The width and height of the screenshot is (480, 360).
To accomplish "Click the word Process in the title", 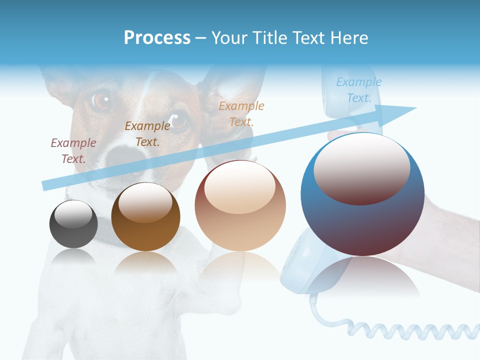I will [157, 38].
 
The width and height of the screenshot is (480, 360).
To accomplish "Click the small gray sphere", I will [73, 224].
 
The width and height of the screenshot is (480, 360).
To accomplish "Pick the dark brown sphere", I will [145, 217].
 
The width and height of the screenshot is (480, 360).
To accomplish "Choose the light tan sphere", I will [240, 206].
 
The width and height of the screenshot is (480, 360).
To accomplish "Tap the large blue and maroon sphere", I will [362, 194].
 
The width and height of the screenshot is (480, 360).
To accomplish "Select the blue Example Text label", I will [358, 90].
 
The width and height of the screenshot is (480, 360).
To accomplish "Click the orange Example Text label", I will [241, 113].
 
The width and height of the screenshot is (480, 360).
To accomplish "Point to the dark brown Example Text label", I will [147, 134].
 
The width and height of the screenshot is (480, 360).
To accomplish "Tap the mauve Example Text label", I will [73, 150].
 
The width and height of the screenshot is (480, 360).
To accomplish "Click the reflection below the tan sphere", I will [240, 265].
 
